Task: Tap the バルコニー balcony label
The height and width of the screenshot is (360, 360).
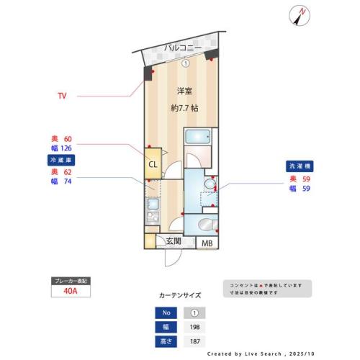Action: tap(182, 48)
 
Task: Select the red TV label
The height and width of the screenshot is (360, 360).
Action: tap(63, 95)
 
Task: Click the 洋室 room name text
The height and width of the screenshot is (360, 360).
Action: tap(185, 91)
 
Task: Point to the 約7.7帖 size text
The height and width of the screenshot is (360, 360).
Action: tap(185, 108)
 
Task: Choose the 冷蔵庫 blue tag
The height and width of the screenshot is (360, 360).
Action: tap(60, 160)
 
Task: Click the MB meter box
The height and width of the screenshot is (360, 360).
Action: tap(207, 243)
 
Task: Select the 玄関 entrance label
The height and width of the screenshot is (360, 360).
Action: tap(174, 242)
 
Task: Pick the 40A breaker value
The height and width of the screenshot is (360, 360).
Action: tap(71, 292)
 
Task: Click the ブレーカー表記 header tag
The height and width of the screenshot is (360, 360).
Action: tap(71, 280)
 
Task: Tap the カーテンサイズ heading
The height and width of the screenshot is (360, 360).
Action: tap(180, 295)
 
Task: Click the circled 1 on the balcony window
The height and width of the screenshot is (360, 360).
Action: tap(186, 63)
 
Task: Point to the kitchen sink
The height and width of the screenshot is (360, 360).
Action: tap(153, 203)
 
